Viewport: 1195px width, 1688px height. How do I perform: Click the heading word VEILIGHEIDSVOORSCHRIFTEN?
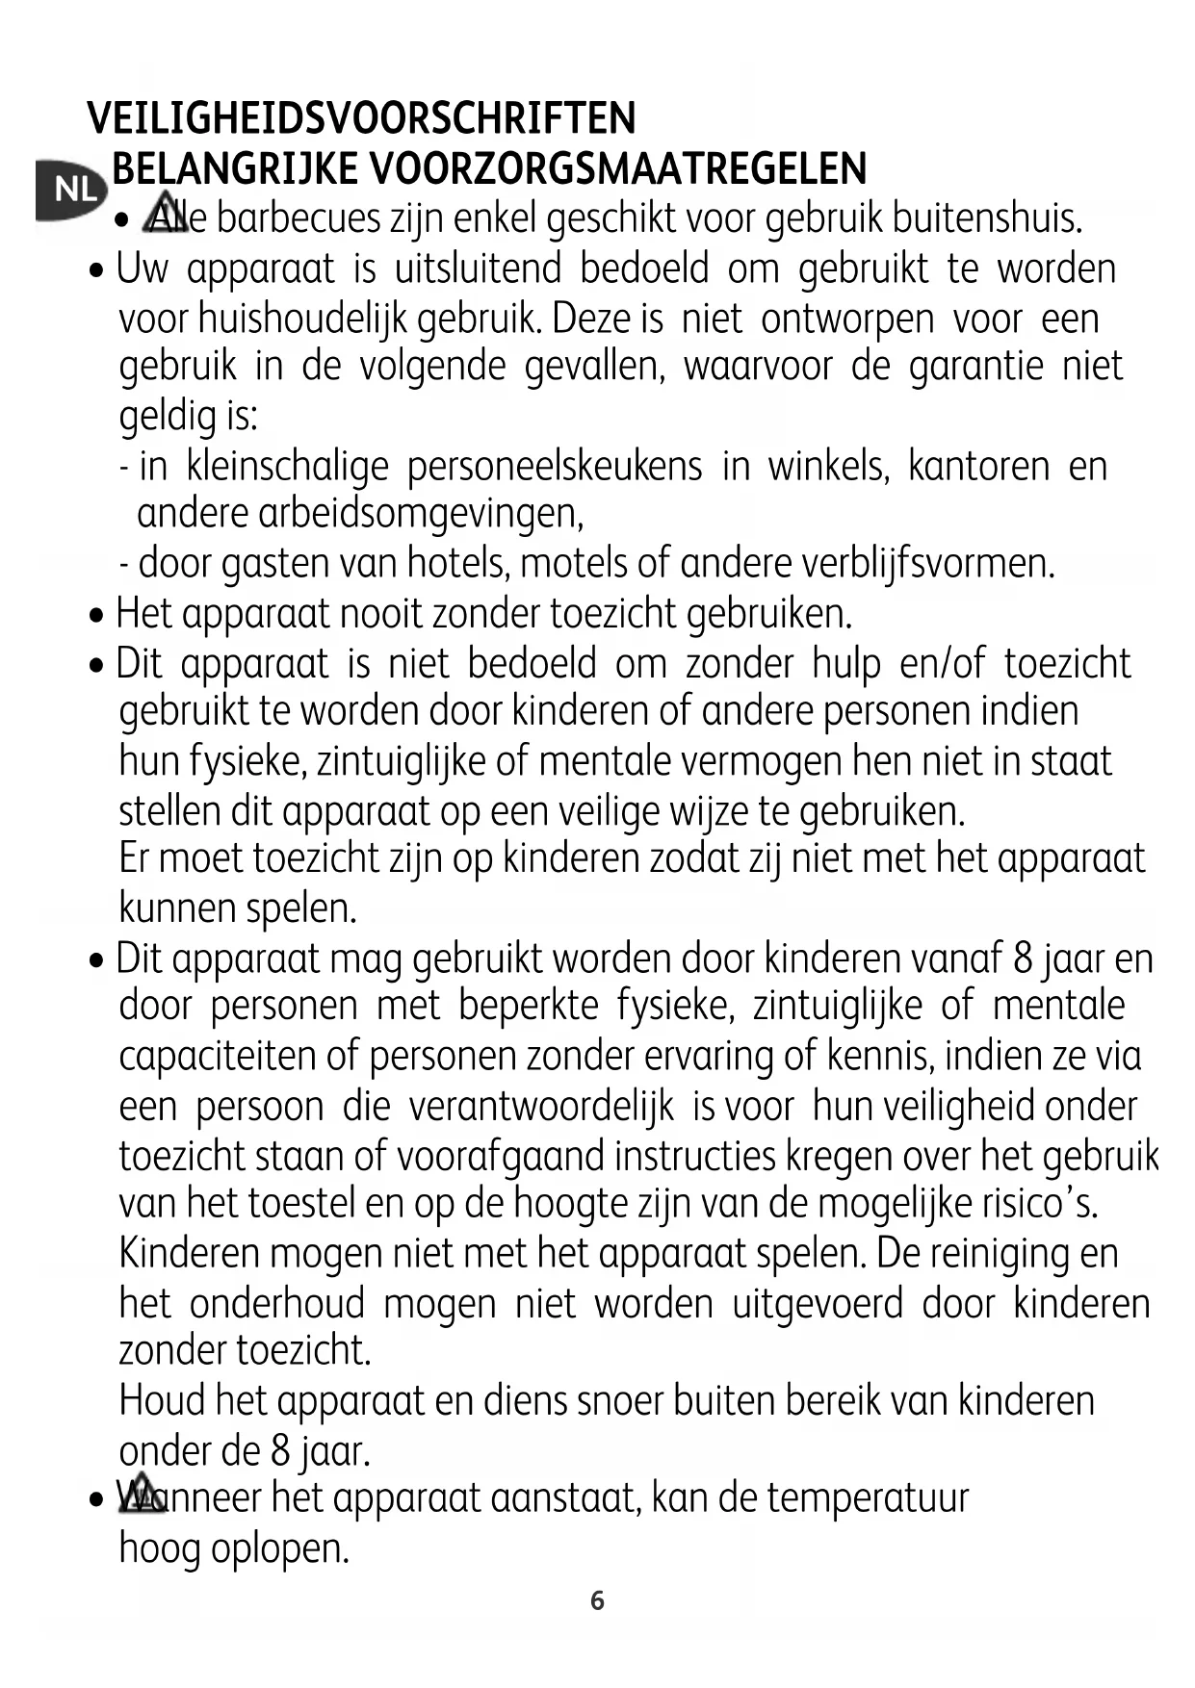(361, 119)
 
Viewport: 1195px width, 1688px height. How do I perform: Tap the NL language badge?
(71, 190)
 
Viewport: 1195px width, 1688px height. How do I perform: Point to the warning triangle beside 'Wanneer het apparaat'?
(141, 1494)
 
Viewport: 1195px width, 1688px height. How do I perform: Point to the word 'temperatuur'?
(867, 1498)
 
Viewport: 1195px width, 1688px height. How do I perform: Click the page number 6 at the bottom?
(597, 1600)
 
